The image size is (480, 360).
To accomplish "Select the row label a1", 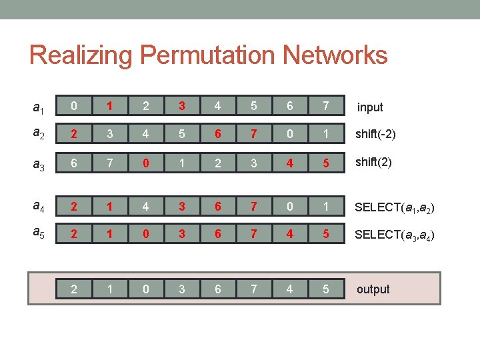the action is tap(39, 107).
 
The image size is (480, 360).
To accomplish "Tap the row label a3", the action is tap(39, 162).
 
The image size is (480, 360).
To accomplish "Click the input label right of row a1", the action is tap(370, 107).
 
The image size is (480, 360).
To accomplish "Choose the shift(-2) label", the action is tap(375, 134).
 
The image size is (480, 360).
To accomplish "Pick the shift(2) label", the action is tap(372, 161).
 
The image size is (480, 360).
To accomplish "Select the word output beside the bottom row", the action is tap(373, 289).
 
